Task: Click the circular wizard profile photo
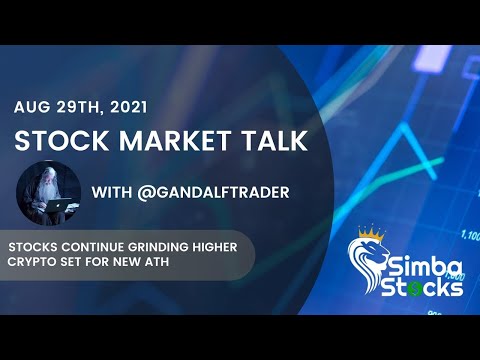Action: pyautogui.click(x=49, y=192)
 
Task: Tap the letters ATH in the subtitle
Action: pyautogui.click(x=151, y=262)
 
